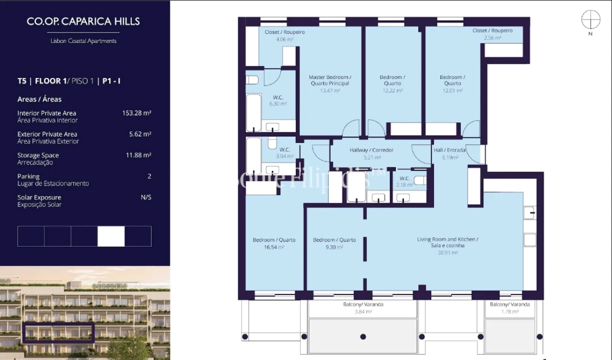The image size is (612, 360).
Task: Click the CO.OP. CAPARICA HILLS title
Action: tap(83, 21)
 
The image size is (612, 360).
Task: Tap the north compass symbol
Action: tap(590, 20)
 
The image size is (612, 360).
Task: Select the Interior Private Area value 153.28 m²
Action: tap(137, 113)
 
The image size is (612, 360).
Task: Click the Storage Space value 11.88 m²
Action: tap(138, 155)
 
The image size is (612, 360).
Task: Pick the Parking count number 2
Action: tap(149, 176)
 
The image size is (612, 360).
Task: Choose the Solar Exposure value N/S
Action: tap(146, 197)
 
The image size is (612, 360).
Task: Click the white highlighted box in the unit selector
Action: tap(111, 236)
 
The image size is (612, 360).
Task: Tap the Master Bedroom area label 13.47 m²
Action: tap(330, 90)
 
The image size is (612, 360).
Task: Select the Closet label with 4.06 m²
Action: tap(284, 35)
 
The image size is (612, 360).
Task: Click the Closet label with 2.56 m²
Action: tap(492, 34)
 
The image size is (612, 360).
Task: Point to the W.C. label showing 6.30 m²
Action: tap(278, 100)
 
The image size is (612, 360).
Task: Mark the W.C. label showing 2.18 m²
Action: tap(405, 181)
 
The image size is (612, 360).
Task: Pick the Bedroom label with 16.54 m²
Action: tap(274, 243)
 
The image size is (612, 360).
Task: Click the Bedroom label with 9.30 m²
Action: tap(334, 243)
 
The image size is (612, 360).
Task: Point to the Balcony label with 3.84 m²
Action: tap(363, 307)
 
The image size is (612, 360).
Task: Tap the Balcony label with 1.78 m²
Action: tap(509, 307)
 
